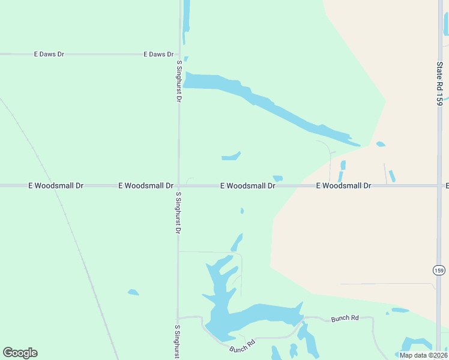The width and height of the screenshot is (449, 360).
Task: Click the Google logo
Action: [20, 353]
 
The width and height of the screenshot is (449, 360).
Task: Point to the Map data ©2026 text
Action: [423, 355]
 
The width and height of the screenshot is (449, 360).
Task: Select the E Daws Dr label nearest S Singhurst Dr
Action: [158, 54]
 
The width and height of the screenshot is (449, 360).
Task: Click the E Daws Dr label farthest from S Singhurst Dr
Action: [49, 54]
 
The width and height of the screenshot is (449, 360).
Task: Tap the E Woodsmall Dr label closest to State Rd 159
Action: [344, 186]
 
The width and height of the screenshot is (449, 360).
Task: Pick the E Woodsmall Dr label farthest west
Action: [56, 186]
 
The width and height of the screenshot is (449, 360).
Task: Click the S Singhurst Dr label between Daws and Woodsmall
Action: [178, 81]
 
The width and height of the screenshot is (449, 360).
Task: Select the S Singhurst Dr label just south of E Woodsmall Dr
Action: [178, 213]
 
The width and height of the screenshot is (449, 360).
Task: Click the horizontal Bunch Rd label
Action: [345, 319]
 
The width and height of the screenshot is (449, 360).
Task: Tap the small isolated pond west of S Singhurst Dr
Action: [133, 292]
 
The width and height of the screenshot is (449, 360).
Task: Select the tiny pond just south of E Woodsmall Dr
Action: [242, 211]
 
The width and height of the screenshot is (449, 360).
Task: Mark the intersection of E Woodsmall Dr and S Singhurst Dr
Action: [178, 186]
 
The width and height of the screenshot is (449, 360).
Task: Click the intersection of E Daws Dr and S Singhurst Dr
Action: [178, 54]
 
